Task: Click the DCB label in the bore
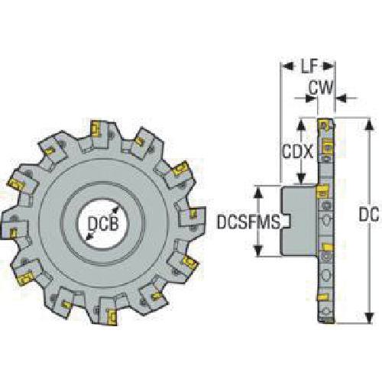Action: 103,224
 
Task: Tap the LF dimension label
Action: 309,66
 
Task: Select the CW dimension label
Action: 321,88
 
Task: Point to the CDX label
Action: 297,152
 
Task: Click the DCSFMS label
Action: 248,222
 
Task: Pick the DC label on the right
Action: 368,215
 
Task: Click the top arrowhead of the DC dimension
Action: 370,125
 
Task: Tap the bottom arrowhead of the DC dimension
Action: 370,317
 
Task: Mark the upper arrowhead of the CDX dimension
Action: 301,125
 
